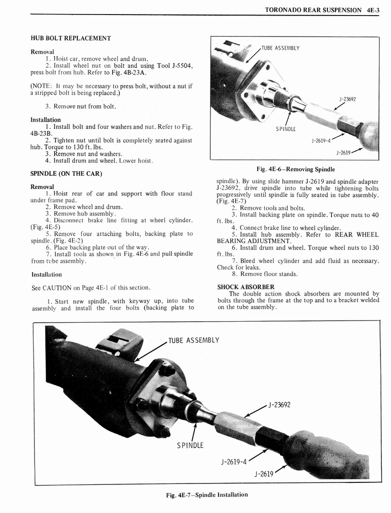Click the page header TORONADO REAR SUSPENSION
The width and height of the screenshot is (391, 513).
click(313, 10)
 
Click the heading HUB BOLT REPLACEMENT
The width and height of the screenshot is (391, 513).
click(71, 38)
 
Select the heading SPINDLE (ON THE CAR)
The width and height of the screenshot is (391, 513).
click(67, 173)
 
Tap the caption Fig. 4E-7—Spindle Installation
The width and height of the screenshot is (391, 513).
click(207, 494)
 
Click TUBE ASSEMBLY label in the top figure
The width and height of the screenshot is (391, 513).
click(281, 48)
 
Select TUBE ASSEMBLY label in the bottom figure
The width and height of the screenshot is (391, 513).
click(194, 340)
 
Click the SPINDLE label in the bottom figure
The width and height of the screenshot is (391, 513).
click(189, 445)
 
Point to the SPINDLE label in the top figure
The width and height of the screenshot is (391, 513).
click(286, 129)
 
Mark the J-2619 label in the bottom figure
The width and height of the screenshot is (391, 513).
click(264, 473)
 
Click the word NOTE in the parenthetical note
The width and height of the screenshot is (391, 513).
click(42, 85)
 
